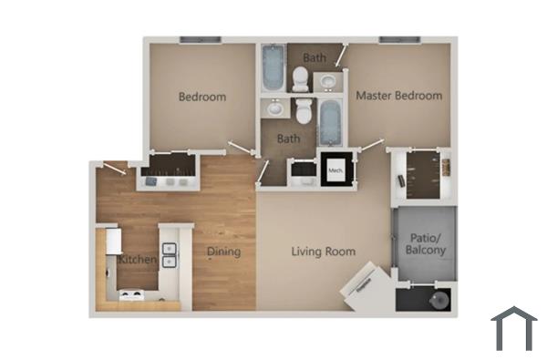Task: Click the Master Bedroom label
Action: coord(398,96)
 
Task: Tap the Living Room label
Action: coord(323,252)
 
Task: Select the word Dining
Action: coord(223,252)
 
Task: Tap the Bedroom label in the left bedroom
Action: coord(201,97)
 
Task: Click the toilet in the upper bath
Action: coord(302,78)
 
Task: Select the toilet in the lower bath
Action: coord(304,111)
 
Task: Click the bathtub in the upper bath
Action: coord(273,67)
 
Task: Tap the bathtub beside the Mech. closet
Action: coord(330,123)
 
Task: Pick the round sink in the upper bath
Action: coord(326,83)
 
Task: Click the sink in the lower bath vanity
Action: coord(273,108)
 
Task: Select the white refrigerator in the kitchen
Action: coord(111,241)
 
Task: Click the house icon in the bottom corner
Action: coord(513,327)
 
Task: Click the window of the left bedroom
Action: coord(200,39)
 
